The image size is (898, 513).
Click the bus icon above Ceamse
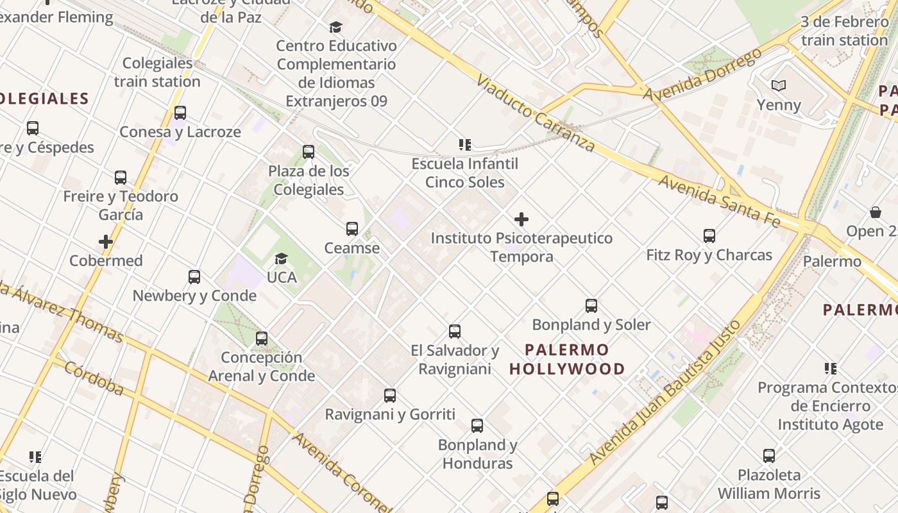pos(352,229)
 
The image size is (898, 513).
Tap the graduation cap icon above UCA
pos(281,258)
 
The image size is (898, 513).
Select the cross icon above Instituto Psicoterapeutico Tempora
pos(521,219)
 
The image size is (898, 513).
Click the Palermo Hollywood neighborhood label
pos(567,359)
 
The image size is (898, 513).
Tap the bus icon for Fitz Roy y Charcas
pos(709,236)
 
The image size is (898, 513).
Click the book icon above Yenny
pos(779,86)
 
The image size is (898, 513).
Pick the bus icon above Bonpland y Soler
pos(591,306)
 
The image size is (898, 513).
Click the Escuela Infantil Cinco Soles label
pos(465,173)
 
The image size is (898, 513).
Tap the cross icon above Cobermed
pos(106,242)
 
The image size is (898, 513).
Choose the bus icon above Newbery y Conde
pos(194,277)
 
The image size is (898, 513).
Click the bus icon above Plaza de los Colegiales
pos(309,152)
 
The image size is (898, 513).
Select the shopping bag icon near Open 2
pos(875,212)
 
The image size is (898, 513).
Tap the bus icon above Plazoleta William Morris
pos(768,456)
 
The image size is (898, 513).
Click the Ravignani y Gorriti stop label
pos(390,414)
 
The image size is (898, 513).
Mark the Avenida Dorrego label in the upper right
pos(702,75)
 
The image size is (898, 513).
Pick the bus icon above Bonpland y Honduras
pos(477,426)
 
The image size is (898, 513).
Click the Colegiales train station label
pos(157,72)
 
